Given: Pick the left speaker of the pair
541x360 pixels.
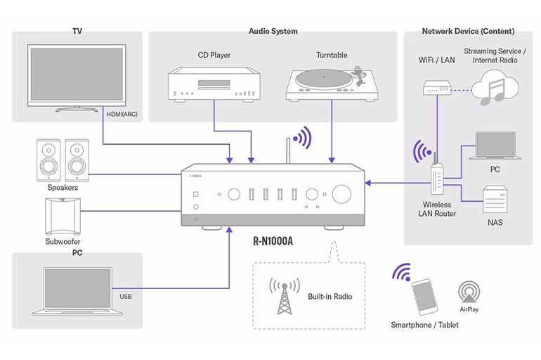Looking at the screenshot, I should click(x=47, y=157).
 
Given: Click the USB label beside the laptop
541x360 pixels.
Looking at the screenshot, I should click(x=126, y=297).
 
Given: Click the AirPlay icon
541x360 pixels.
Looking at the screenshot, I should click(x=469, y=292).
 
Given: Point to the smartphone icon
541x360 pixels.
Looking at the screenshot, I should click(x=423, y=297).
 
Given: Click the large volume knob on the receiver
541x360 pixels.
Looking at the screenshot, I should click(x=343, y=194).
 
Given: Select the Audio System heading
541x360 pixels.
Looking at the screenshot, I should click(x=273, y=32).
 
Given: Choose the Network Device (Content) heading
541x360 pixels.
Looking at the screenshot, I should click(x=467, y=32).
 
